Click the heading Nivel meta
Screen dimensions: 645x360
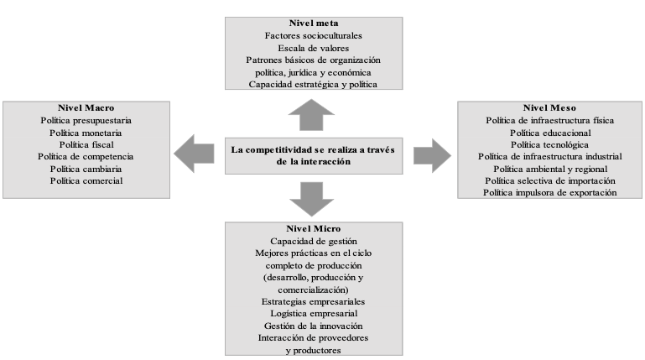(314, 23)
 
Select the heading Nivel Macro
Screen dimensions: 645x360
(86, 107)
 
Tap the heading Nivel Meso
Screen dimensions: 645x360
(549, 107)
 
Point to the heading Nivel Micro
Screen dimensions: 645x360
(314, 229)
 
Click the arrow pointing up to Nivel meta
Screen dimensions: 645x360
(311, 115)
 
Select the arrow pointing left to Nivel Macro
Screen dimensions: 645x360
(194, 154)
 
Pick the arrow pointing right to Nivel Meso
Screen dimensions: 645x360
(432, 155)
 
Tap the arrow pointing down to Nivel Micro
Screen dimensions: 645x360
(311, 199)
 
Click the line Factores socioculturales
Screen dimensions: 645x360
(314, 36)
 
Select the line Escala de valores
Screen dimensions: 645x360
(314, 48)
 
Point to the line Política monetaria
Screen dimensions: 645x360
(86, 133)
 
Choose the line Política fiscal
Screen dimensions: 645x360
(86, 145)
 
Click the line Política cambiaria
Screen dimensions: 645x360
(86, 170)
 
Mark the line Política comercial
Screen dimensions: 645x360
(86, 181)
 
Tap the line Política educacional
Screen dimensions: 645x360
(550, 133)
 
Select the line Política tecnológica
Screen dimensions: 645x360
(549, 145)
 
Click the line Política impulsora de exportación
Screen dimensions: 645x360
(550, 193)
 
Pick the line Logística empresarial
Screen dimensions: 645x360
(314, 314)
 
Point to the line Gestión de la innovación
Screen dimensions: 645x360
(314, 326)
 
